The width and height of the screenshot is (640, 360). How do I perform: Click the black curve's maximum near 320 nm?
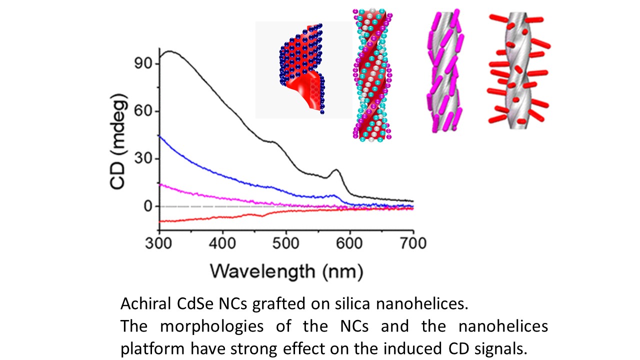tap(170, 51)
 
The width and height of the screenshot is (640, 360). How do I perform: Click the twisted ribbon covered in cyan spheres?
tap(372, 75)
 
